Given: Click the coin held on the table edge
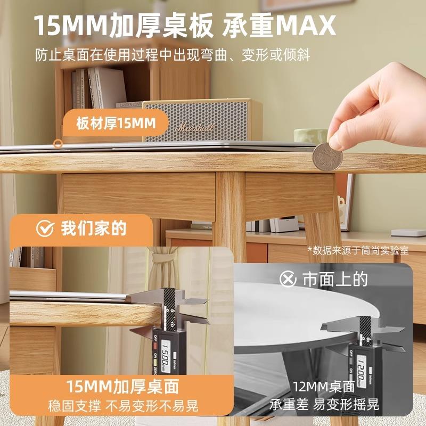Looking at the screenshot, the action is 327,157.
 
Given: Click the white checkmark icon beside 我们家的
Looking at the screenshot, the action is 45,228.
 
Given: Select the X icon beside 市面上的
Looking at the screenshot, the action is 288,278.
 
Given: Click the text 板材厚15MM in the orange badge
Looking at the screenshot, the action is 116,124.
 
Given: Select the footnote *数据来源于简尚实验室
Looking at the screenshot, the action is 358,250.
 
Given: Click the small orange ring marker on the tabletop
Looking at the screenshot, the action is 58,143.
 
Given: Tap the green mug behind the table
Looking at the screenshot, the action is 310,135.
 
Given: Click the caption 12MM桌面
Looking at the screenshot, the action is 324,387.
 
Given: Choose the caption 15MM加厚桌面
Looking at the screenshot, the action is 122,387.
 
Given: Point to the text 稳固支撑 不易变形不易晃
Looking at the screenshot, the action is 123,406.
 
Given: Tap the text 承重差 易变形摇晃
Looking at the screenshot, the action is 324,404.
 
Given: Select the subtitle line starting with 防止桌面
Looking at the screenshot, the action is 173,55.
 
